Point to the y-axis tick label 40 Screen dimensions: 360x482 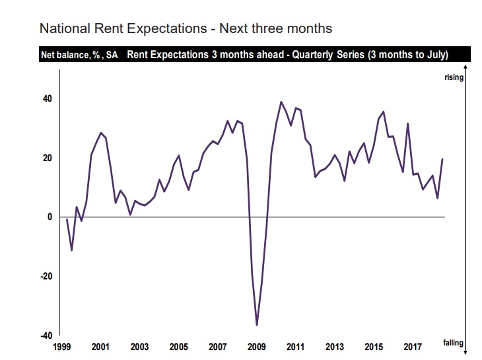(48, 98)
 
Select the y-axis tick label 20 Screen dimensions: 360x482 (48, 158)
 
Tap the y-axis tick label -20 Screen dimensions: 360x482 (46, 276)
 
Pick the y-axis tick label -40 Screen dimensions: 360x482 (46, 336)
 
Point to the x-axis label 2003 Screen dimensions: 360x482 (139, 347)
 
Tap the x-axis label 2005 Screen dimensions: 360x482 (178, 347)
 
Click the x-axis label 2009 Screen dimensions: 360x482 (256, 347)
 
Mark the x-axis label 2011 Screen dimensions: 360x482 (295, 347)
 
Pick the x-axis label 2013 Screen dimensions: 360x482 (335, 347)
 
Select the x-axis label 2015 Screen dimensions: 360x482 (374, 347)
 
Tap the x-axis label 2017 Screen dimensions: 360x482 (413, 347)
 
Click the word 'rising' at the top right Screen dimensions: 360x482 (454, 77)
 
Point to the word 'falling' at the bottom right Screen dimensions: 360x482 (454, 342)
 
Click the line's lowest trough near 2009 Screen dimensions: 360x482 (257, 325)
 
